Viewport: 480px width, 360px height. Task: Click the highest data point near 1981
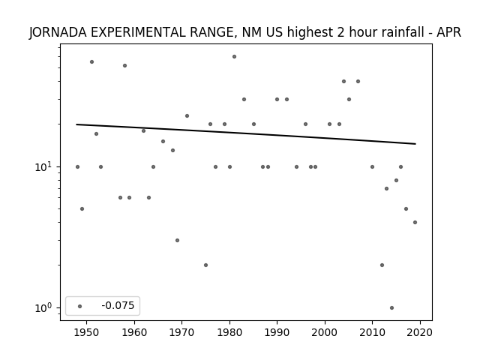tap(234, 57)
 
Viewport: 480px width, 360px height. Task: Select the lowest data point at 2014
tap(391, 308)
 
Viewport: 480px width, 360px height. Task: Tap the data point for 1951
tap(91, 61)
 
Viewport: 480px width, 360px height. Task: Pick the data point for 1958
tap(124, 65)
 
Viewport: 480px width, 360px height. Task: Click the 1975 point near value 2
tap(205, 265)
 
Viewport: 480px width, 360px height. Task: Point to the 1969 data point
tap(177, 240)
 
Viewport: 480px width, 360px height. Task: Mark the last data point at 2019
tap(415, 222)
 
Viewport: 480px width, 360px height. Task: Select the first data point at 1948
tap(77, 166)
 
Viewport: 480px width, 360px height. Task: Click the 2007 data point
tap(358, 82)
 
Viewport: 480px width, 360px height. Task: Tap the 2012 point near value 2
tap(382, 265)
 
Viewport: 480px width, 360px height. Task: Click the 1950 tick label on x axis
tap(87, 333)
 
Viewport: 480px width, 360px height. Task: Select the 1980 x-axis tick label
tap(229, 333)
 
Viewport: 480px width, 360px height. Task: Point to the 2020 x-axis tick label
tap(420, 333)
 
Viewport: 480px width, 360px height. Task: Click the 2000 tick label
tap(325, 333)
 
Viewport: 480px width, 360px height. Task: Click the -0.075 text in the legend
tap(118, 305)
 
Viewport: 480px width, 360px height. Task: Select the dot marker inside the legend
tap(80, 306)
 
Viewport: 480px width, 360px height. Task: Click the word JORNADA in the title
tap(58, 32)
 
